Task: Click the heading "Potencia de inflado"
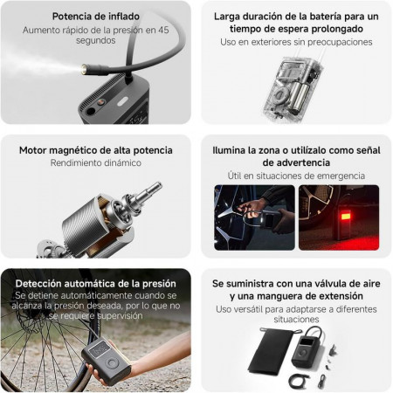(x=96, y=17)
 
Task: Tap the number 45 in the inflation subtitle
(x=163, y=30)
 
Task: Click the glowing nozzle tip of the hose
(x=85, y=69)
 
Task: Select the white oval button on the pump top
(x=123, y=102)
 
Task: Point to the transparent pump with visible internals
(x=290, y=88)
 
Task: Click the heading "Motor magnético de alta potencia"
(x=96, y=150)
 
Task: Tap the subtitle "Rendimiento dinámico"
(x=96, y=162)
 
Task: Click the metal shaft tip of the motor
(x=157, y=185)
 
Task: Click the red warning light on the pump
(x=345, y=217)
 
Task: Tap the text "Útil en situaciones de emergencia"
(x=296, y=176)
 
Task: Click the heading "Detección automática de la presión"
(x=96, y=284)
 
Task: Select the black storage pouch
(x=271, y=350)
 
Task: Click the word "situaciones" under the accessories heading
(x=296, y=320)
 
